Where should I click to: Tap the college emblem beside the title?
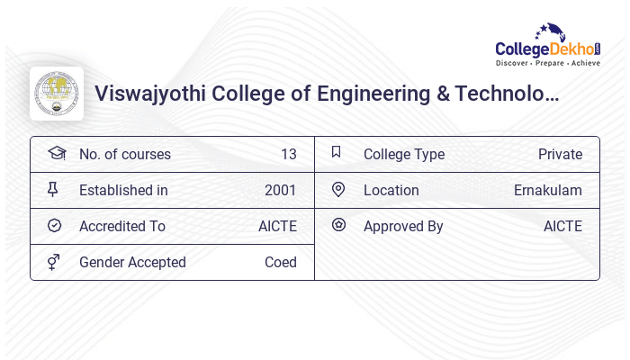point(57,94)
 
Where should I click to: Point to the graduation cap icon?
point(57,153)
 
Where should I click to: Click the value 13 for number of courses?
point(288,154)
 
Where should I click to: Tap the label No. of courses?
point(124,154)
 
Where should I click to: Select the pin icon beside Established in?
point(53,189)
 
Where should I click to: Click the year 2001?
point(280,190)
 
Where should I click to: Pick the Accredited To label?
point(121,226)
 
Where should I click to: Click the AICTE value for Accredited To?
point(277,226)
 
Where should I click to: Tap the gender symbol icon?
point(53,262)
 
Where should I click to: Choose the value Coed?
point(280,262)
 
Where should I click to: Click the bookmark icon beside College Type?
point(337,152)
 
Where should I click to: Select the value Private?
point(560,154)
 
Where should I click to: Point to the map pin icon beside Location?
point(337,189)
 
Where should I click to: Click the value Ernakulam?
point(547,190)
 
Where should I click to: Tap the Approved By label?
point(403,226)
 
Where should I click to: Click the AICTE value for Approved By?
point(562,226)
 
